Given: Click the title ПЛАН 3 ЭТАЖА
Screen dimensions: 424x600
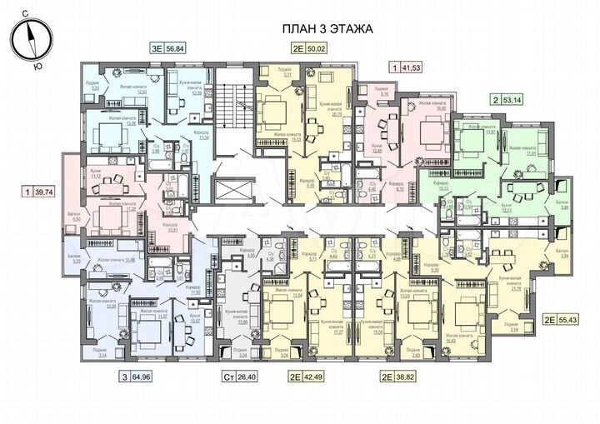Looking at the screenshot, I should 326,28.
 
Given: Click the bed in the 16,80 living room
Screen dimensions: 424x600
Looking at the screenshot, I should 432,132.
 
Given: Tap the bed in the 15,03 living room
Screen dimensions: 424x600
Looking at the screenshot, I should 272,108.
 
